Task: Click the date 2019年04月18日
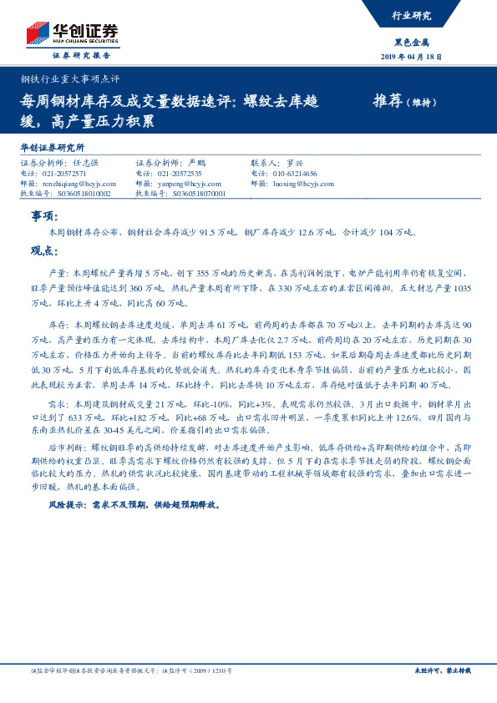pyautogui.click(x=412, y=56)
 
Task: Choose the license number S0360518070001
pyautogui.click(x=191, y=193)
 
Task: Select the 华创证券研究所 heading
pyautogui.click(x=52, y=147)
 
